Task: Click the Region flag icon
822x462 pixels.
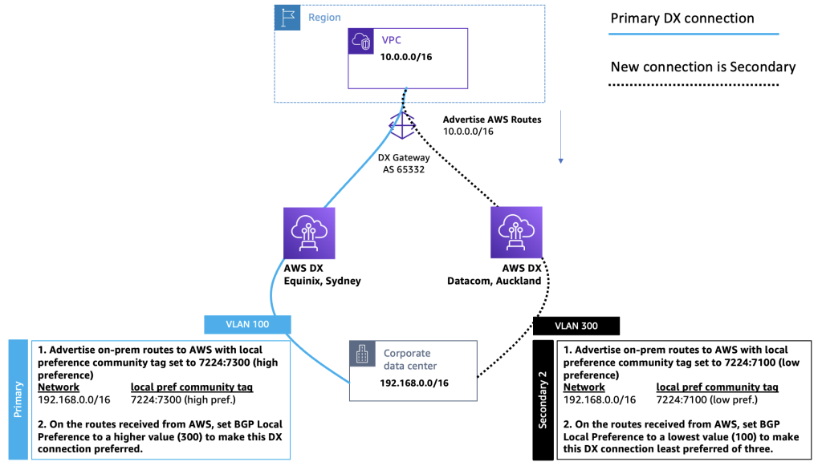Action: (x=287, y=18)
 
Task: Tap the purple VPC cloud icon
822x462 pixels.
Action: (x=360, y=42)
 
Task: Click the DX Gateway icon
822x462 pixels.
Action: (x=402, y=126)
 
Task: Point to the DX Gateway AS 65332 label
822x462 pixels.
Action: (x=403, y=164)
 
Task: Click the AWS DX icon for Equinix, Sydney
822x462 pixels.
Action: (x=309, y=233)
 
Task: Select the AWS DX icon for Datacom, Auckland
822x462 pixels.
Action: (x=515, y=233)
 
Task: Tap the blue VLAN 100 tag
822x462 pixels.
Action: (x=247, y=323)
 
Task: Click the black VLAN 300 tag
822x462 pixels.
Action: (x=576, y=325)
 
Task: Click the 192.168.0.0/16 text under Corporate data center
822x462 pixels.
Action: (x=414, y=383)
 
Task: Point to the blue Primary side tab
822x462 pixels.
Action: (x=19, y=399)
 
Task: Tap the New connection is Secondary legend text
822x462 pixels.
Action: (x=702, y=67)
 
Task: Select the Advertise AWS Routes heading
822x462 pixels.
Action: (x=492, y=120)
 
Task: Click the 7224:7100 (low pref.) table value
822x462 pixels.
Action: (x=710, y=399)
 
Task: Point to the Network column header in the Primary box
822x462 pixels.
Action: (x=59, y=387)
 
